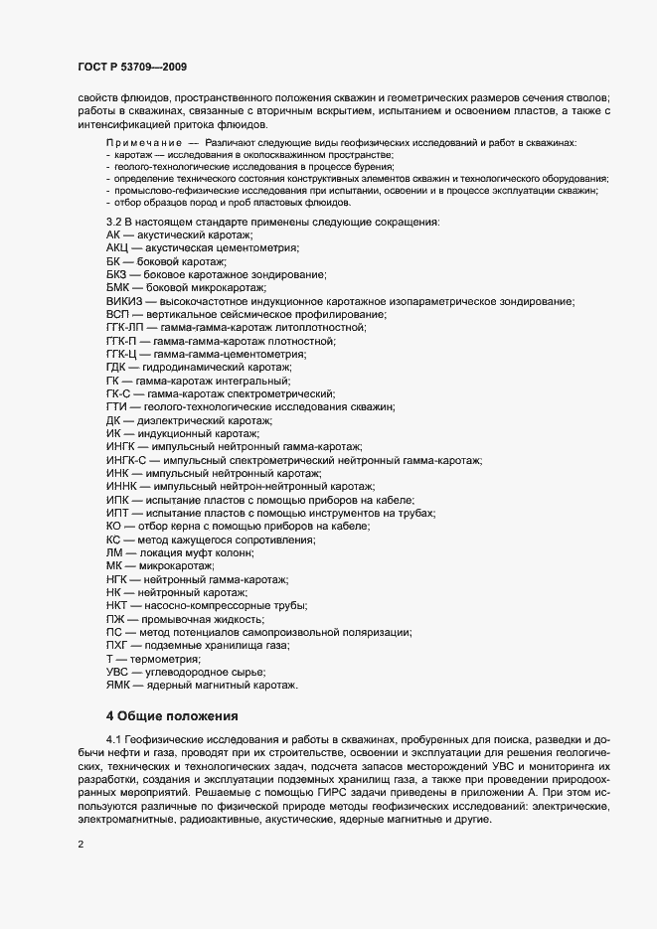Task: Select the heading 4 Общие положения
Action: coord(172,714)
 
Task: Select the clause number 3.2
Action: coord(114,220)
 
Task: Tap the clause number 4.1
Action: coord(114,741)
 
